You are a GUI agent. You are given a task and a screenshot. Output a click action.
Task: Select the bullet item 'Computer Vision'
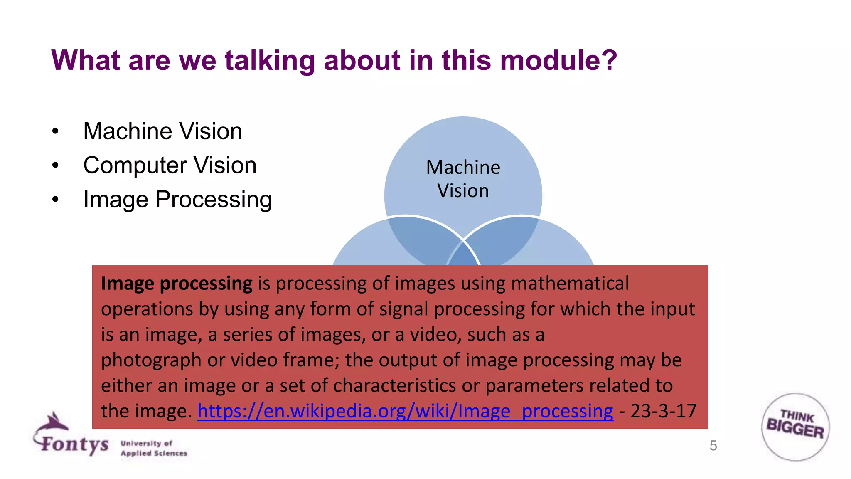(x=170, y=165)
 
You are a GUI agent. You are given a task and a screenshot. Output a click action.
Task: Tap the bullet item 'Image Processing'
(x=177, y=199)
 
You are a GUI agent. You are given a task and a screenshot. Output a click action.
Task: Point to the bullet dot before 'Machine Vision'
(x=55, y=132)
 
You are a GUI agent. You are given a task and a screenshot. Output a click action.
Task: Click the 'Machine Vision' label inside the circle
(x=463, y=179)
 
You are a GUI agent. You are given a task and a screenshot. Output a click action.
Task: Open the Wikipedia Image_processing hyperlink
(x=405, y=411)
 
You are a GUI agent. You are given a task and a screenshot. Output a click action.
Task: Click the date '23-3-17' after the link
(x=663, y=411)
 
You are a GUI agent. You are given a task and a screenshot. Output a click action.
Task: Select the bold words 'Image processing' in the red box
(x=177, y=284)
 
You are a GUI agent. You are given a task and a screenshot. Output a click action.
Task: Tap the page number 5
(x=713, y=446)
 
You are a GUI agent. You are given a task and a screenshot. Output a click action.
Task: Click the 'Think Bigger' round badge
(x=795, y=427)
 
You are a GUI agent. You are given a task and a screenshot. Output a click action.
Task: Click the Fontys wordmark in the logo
(x=75, y=444)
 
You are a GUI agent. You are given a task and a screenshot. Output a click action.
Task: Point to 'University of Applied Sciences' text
(x=153, y=448)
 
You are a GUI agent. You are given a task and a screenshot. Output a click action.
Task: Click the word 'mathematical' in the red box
(x=570, y=284)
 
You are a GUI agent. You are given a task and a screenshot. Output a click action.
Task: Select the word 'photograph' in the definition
(x=151, y=360)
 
